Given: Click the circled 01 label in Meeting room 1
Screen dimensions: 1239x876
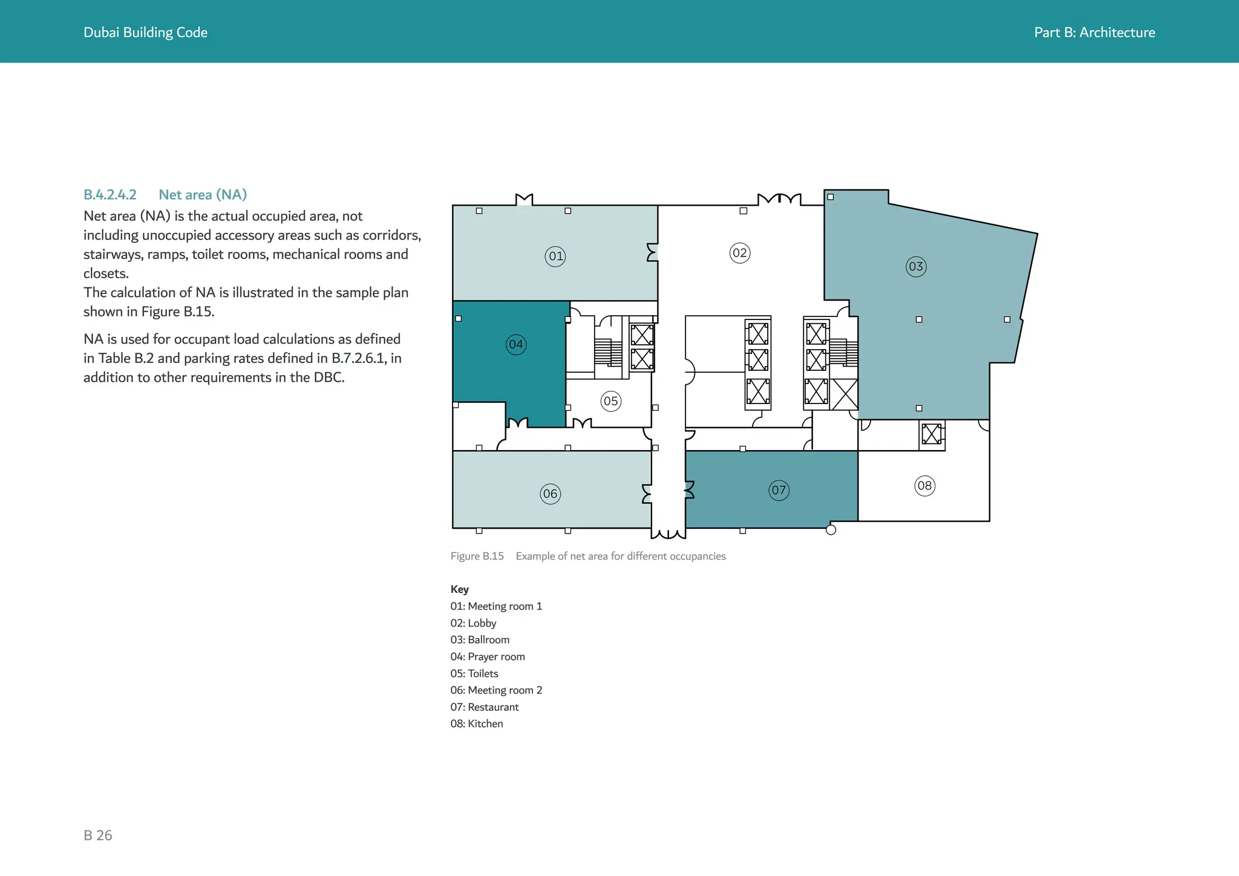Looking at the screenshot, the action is click(555, 257).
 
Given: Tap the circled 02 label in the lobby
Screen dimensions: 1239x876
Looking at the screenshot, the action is click(740, 253).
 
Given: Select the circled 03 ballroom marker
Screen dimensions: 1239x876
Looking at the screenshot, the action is click(916, 267).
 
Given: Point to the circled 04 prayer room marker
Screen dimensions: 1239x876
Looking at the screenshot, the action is click(516, 345).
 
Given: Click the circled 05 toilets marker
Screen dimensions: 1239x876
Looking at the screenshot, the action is click(611, 401).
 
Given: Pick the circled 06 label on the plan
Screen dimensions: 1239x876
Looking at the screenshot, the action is click(550, 494).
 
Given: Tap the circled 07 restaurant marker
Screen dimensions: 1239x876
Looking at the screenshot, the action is click(779, 490).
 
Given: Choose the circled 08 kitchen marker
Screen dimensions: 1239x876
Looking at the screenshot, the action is click(924, 486).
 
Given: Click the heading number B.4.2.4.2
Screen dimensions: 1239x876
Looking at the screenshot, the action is click(110, 195).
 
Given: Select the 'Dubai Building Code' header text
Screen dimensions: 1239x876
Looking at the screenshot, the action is click(145, 33).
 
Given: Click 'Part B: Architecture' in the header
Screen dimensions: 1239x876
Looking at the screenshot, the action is click(1094, 33).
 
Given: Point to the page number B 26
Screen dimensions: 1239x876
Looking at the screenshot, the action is click(98, 835).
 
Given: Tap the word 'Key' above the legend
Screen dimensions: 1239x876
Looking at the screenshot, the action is click(460, 589).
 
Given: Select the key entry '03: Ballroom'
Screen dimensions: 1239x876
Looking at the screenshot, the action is click(480, 640).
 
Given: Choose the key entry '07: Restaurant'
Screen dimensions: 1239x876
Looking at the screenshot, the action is click(485, 707).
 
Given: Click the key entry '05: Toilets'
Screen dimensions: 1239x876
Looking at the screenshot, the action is click(474, 673).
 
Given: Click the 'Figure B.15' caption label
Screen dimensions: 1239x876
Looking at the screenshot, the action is click(477, 557).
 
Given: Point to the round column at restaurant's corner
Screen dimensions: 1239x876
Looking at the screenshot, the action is click(831, 531).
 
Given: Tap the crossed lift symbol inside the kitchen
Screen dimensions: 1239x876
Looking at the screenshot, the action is click(932, 434).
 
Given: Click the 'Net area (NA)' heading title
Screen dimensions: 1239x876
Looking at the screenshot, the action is click(203, 195).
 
